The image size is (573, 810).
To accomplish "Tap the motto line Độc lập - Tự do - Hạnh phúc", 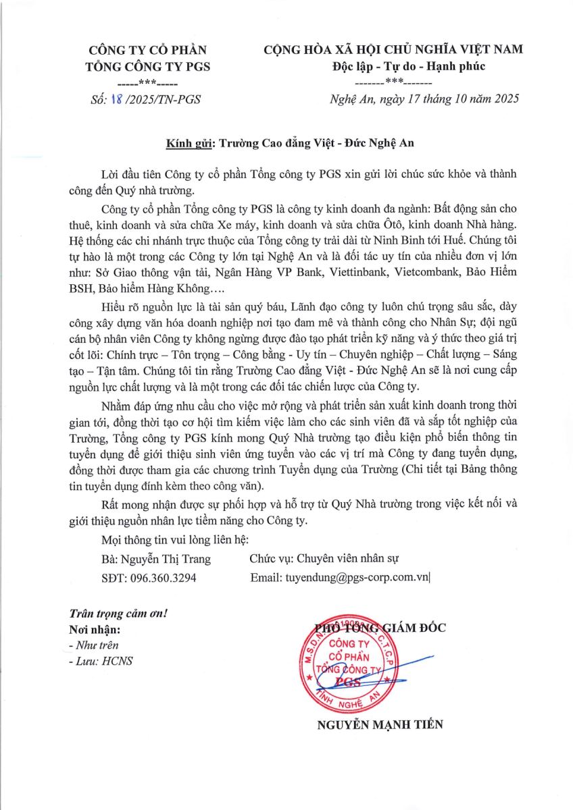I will click(409, 66).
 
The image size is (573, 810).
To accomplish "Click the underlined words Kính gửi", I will click(190, 143).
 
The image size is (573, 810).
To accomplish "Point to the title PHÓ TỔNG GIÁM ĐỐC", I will click(380, 628).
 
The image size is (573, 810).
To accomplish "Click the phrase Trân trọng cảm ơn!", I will click(118, 614).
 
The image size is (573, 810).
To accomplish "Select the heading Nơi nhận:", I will click(95, 630).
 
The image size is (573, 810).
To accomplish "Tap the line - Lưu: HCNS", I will click(101, 661).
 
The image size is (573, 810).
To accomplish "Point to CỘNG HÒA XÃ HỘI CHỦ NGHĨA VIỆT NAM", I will click(393, 49).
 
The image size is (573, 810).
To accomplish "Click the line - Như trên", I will click(94, 645).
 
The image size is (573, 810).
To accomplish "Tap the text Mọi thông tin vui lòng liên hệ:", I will click(174, 540).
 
